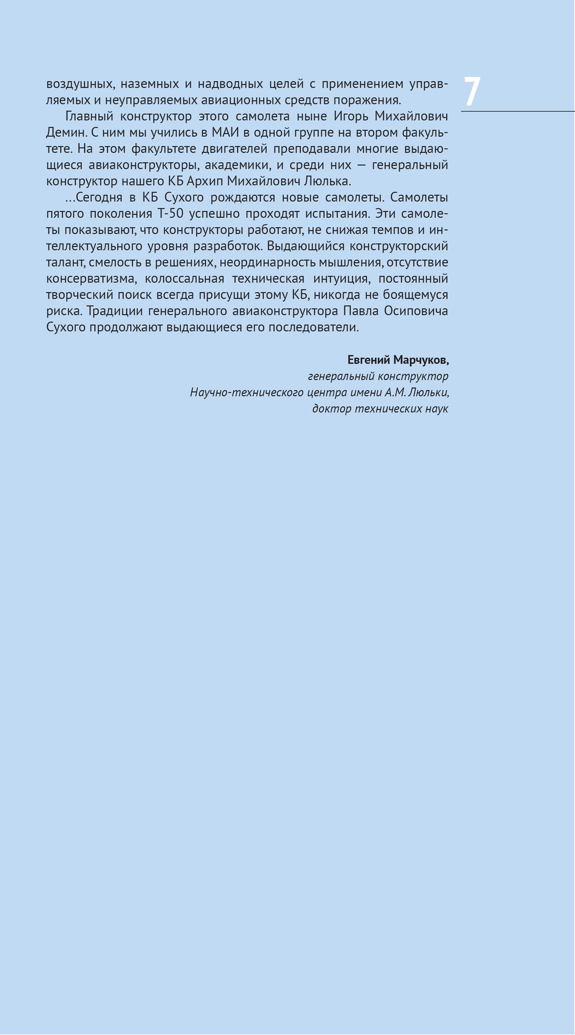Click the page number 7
pyautogui.click(x=471, y=92)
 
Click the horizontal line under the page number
pyautogui.click(x=517, y=111)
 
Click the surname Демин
pyautogui.click(x=66, y=132)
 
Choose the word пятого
pyautogui.click(x=64, y=214)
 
